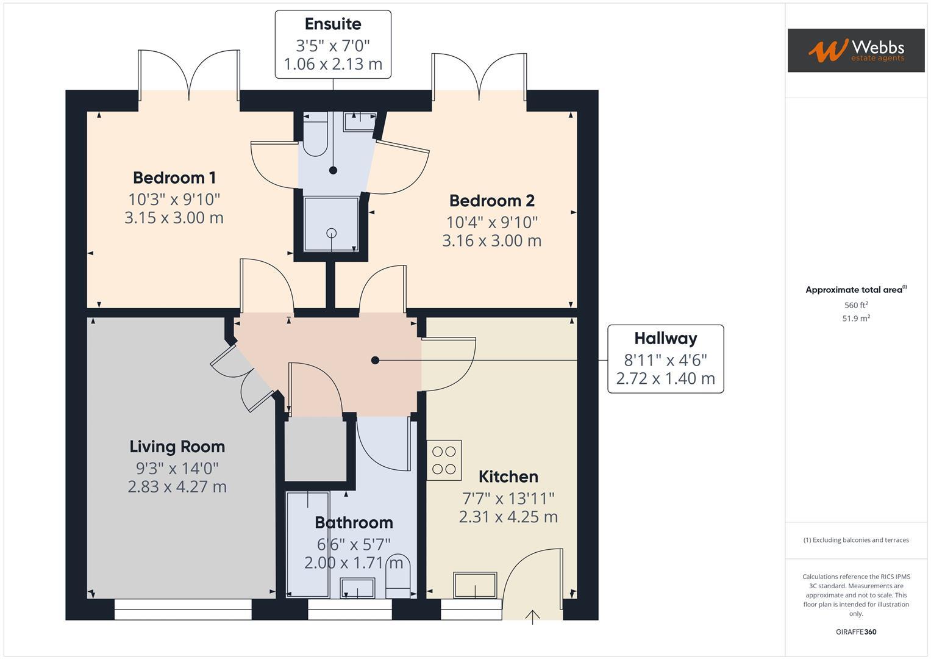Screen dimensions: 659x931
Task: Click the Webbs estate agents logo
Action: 855,50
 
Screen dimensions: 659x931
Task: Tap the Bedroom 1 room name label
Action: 174,178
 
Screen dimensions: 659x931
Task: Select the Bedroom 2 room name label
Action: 491,201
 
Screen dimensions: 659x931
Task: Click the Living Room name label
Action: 177,447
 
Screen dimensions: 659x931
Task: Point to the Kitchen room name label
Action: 508,477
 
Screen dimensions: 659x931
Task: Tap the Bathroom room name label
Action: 354,523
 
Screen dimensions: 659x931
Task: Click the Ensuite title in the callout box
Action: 333,24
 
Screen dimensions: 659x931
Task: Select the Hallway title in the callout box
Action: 665,339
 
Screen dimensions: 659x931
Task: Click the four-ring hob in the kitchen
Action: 444,460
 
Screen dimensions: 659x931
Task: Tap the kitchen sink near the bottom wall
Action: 475,585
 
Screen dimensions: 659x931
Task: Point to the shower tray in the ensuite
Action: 332,224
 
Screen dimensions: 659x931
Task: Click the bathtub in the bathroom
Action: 308,543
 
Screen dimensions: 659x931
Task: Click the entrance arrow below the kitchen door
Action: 533,616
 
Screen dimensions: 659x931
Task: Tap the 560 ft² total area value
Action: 856,305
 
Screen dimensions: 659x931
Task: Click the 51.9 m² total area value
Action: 856,319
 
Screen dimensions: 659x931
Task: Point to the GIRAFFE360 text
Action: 856,632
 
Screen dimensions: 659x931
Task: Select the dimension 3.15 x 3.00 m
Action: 174,218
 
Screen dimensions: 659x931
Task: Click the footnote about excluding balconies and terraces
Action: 856,540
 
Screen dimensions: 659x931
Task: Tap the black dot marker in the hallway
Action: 375,361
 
